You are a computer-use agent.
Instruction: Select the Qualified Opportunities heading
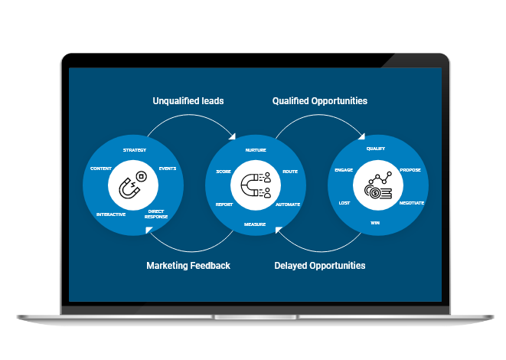point(320,101)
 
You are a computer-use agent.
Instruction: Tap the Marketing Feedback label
point(188,266)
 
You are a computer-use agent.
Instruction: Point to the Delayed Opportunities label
point(320,266)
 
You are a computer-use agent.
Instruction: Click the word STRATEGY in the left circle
point(135,149)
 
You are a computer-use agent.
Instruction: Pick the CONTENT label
point(101,169)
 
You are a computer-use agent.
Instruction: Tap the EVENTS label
point(168,169)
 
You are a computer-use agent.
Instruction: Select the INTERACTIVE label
point(111,214)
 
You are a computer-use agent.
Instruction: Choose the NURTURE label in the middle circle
point(256,150)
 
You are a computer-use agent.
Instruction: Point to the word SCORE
point(224,172)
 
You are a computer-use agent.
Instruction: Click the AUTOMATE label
point(288,205)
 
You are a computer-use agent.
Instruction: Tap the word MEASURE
point(255,224)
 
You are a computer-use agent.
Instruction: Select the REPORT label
point(224,205)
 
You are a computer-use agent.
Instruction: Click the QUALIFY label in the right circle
point(376,149)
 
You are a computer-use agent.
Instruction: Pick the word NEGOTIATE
point(411,203)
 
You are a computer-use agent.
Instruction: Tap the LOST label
point(344,203)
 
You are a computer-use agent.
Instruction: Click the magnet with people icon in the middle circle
point(256,186)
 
